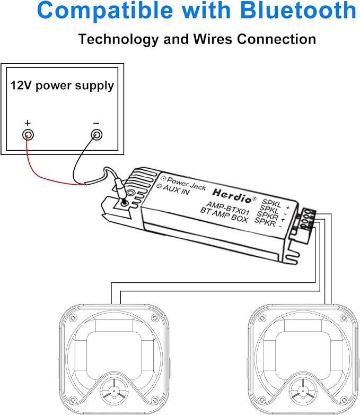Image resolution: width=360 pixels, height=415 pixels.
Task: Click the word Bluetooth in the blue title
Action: [x=298, y=10]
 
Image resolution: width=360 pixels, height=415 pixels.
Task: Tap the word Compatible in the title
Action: [x=105, y=11]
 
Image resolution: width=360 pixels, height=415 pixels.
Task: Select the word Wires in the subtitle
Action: [x=214, y=39]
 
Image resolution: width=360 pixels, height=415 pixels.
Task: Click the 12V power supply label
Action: [x=62, y=86]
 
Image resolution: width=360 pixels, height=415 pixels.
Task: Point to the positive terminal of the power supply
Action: [x=28, y=135]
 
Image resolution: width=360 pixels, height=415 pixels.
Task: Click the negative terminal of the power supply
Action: [x=96, y=135]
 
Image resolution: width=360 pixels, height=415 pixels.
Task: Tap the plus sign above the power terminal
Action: [x=28, y=123]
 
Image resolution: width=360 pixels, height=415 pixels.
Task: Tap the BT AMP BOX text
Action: [x=224, y=215]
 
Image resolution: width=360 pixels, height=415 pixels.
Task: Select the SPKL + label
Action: [x=275, y=204]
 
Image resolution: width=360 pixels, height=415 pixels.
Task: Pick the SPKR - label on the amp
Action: [x=268, y=222]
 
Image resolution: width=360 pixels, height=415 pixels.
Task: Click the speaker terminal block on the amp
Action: [x=307, y=219]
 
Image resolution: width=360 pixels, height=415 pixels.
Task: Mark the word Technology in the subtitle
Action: [x=118, y=40]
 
